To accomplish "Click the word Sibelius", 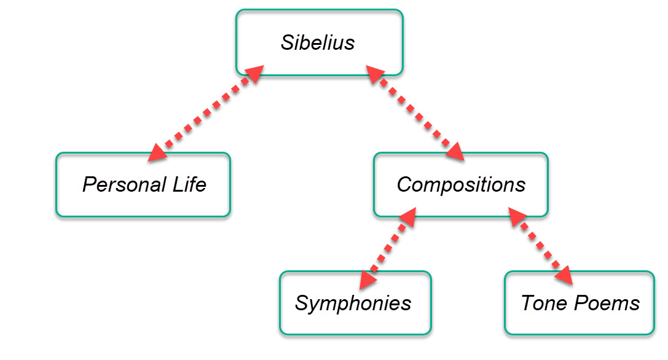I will click(x=318, y=43).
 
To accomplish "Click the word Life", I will click(x=189, y=184).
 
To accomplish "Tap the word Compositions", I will click(x=461, y=184).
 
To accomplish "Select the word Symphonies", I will click(x=353, y=303).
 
